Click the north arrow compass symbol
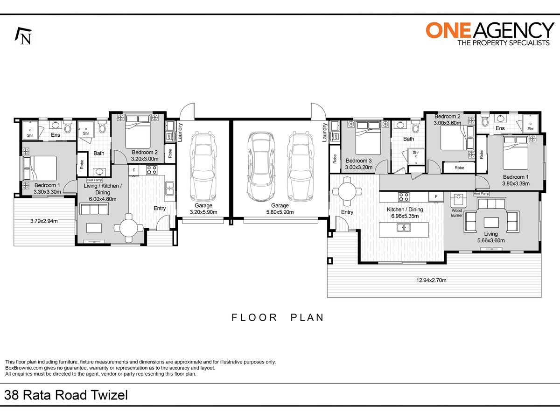[x=23, y=36]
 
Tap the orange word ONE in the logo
[x=448, y=31]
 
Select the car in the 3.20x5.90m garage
[x=203, y=166]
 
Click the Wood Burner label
[x=456, y=213]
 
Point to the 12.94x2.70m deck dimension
[x=431, y=280]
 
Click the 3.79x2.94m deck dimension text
[x=44, y=221]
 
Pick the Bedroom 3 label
[x=358, y=161]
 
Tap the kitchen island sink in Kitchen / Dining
[x=404, y=227]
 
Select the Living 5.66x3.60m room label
[x=491, y=237]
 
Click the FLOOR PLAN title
[x=278, y=317]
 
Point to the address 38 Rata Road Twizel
[x=66, y=395]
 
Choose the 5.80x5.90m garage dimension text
[x=280, y=212]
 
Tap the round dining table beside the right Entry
[x=347, y=191]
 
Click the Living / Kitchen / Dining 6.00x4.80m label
[x=103, y=192]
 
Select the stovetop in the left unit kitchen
[x=152, y=170]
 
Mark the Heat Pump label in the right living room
[x=482, y=194]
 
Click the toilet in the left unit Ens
[x=68, y=127]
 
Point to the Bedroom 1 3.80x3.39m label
[x=516, y=180]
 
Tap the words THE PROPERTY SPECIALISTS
[x=504, y=42]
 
